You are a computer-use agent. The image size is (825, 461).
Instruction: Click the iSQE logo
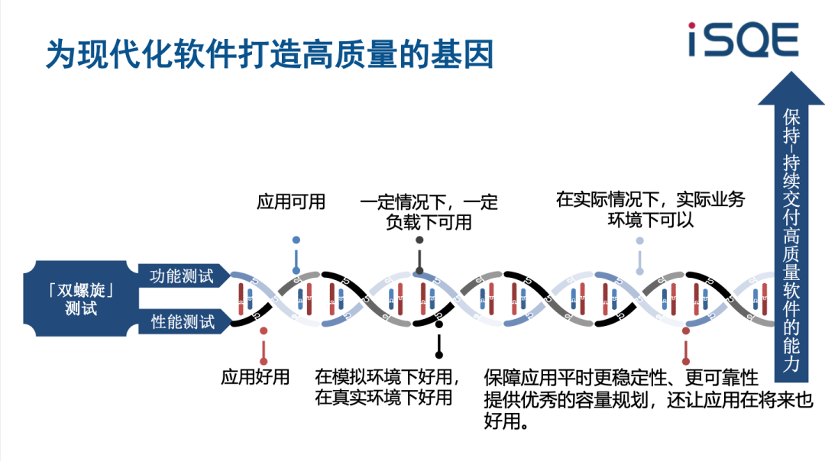(742, 40)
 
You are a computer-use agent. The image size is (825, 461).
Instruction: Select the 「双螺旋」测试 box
(81, 299)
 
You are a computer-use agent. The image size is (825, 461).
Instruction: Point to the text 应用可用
(291, 201)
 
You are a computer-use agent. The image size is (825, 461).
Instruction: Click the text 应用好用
(255, 376)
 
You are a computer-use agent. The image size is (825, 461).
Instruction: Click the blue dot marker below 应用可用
(296, 240)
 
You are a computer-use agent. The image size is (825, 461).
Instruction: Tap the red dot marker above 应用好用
(264, 330)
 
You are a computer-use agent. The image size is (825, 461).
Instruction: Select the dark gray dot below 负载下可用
(419, 240)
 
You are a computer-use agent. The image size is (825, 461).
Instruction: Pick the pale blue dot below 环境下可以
(640, 240)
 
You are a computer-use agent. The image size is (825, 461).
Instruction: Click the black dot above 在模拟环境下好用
(439, 326)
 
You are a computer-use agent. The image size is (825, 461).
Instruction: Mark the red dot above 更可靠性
(686, 331)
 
